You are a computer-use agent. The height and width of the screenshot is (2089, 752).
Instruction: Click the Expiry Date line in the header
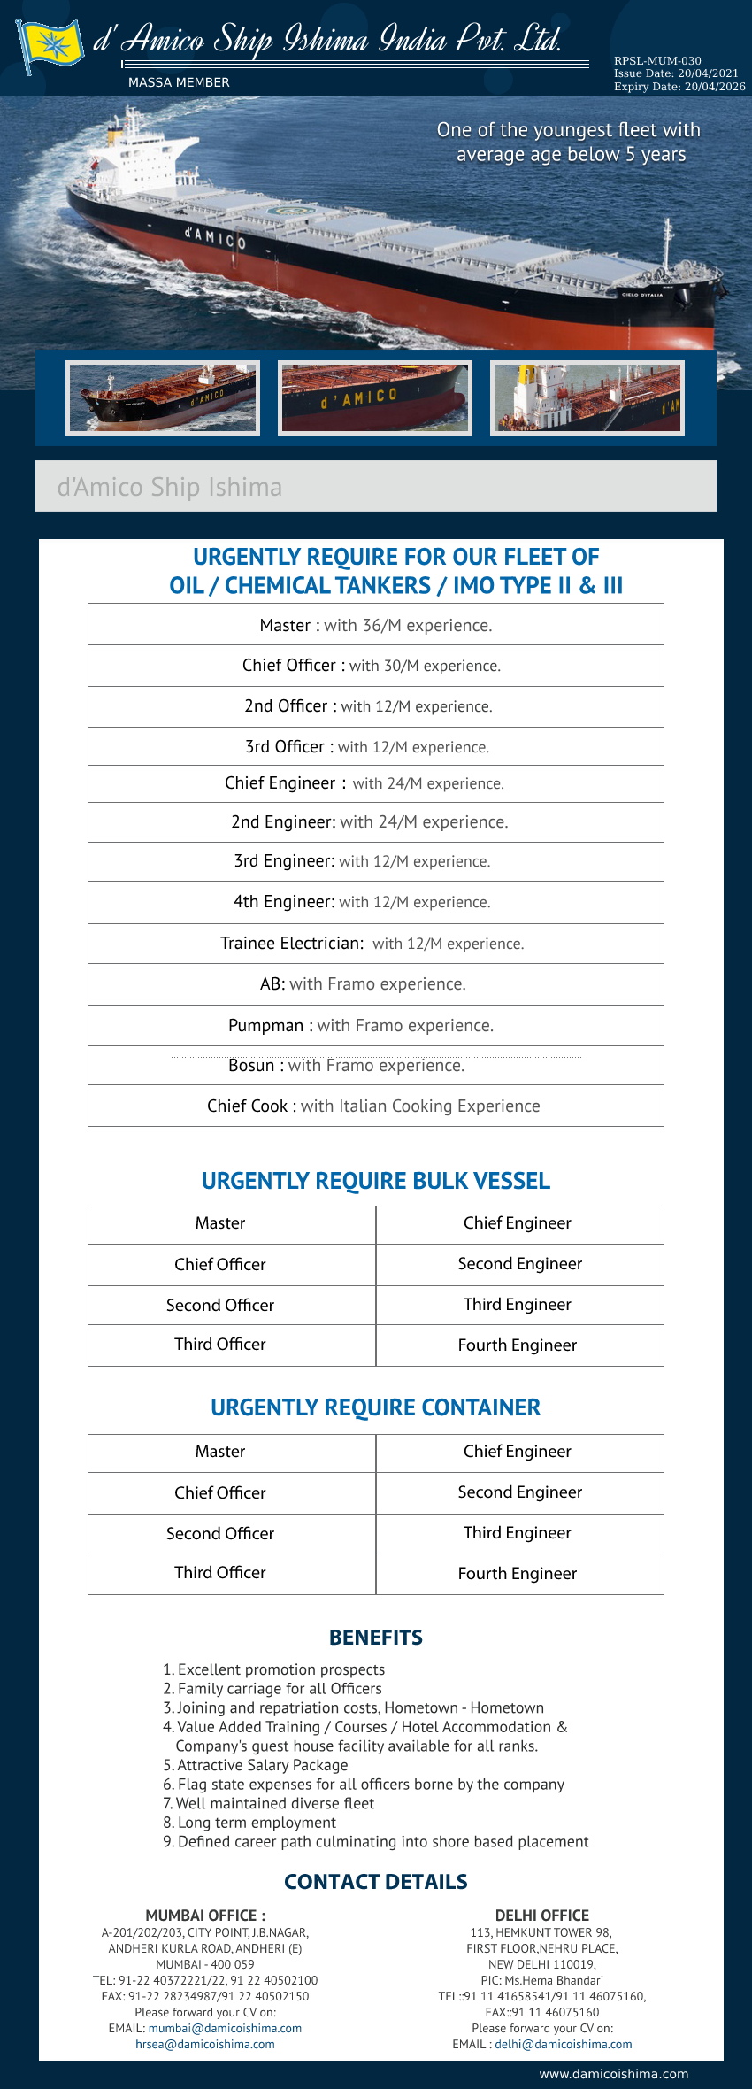point(679,87)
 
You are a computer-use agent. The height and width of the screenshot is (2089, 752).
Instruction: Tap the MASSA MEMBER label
point(179,82)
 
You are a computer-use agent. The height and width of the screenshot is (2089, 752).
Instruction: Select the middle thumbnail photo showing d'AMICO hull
point(374,397)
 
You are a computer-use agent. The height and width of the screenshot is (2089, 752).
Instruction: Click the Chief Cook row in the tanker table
point(374,1106)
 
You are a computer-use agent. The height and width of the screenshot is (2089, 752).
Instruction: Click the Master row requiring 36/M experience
point(376,625)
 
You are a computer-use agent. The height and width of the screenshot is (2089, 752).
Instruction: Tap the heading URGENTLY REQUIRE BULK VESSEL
point(376,1181)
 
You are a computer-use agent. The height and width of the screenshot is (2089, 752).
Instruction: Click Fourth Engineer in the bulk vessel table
point(518,1345)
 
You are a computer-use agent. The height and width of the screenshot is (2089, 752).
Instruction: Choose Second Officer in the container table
point(220,1533)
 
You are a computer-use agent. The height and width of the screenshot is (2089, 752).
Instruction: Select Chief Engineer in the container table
point(518,1451)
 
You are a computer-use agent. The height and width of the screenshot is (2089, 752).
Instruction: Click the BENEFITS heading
point(376,1638)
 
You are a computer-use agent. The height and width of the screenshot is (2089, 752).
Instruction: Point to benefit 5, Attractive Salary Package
point(257,1765)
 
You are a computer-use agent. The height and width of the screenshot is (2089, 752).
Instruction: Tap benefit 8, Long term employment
point(250,1823)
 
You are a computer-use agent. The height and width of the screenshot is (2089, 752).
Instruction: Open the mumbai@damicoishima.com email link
point(225,2028)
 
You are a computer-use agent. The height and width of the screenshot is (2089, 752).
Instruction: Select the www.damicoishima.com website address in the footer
point(613,2074)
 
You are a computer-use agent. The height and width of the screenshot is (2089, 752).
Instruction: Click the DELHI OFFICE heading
point(542,1915)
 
